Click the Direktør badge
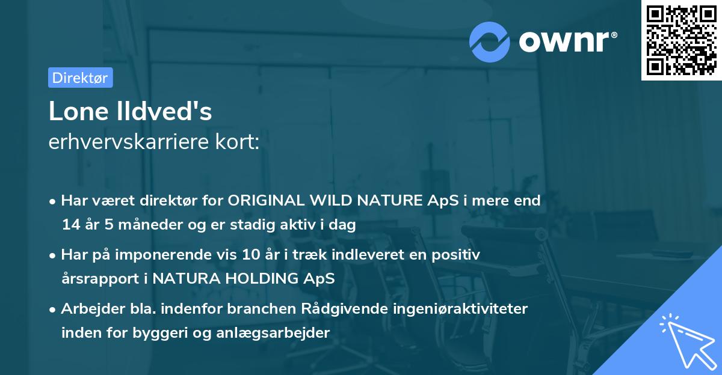pyautogui.click(x=80, y=78)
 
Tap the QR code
pyautogui.click(x=681, y=40)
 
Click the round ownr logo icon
pyautogui.click(x=490, y=41)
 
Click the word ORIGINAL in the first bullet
pyautogui.click(x=267, y=200)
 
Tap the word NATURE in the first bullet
pyautogui.click(x=389, y=200)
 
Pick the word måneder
pyautogui.click(x=150, y=225)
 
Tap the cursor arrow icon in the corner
pyautogui.click(x=686, y=340)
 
